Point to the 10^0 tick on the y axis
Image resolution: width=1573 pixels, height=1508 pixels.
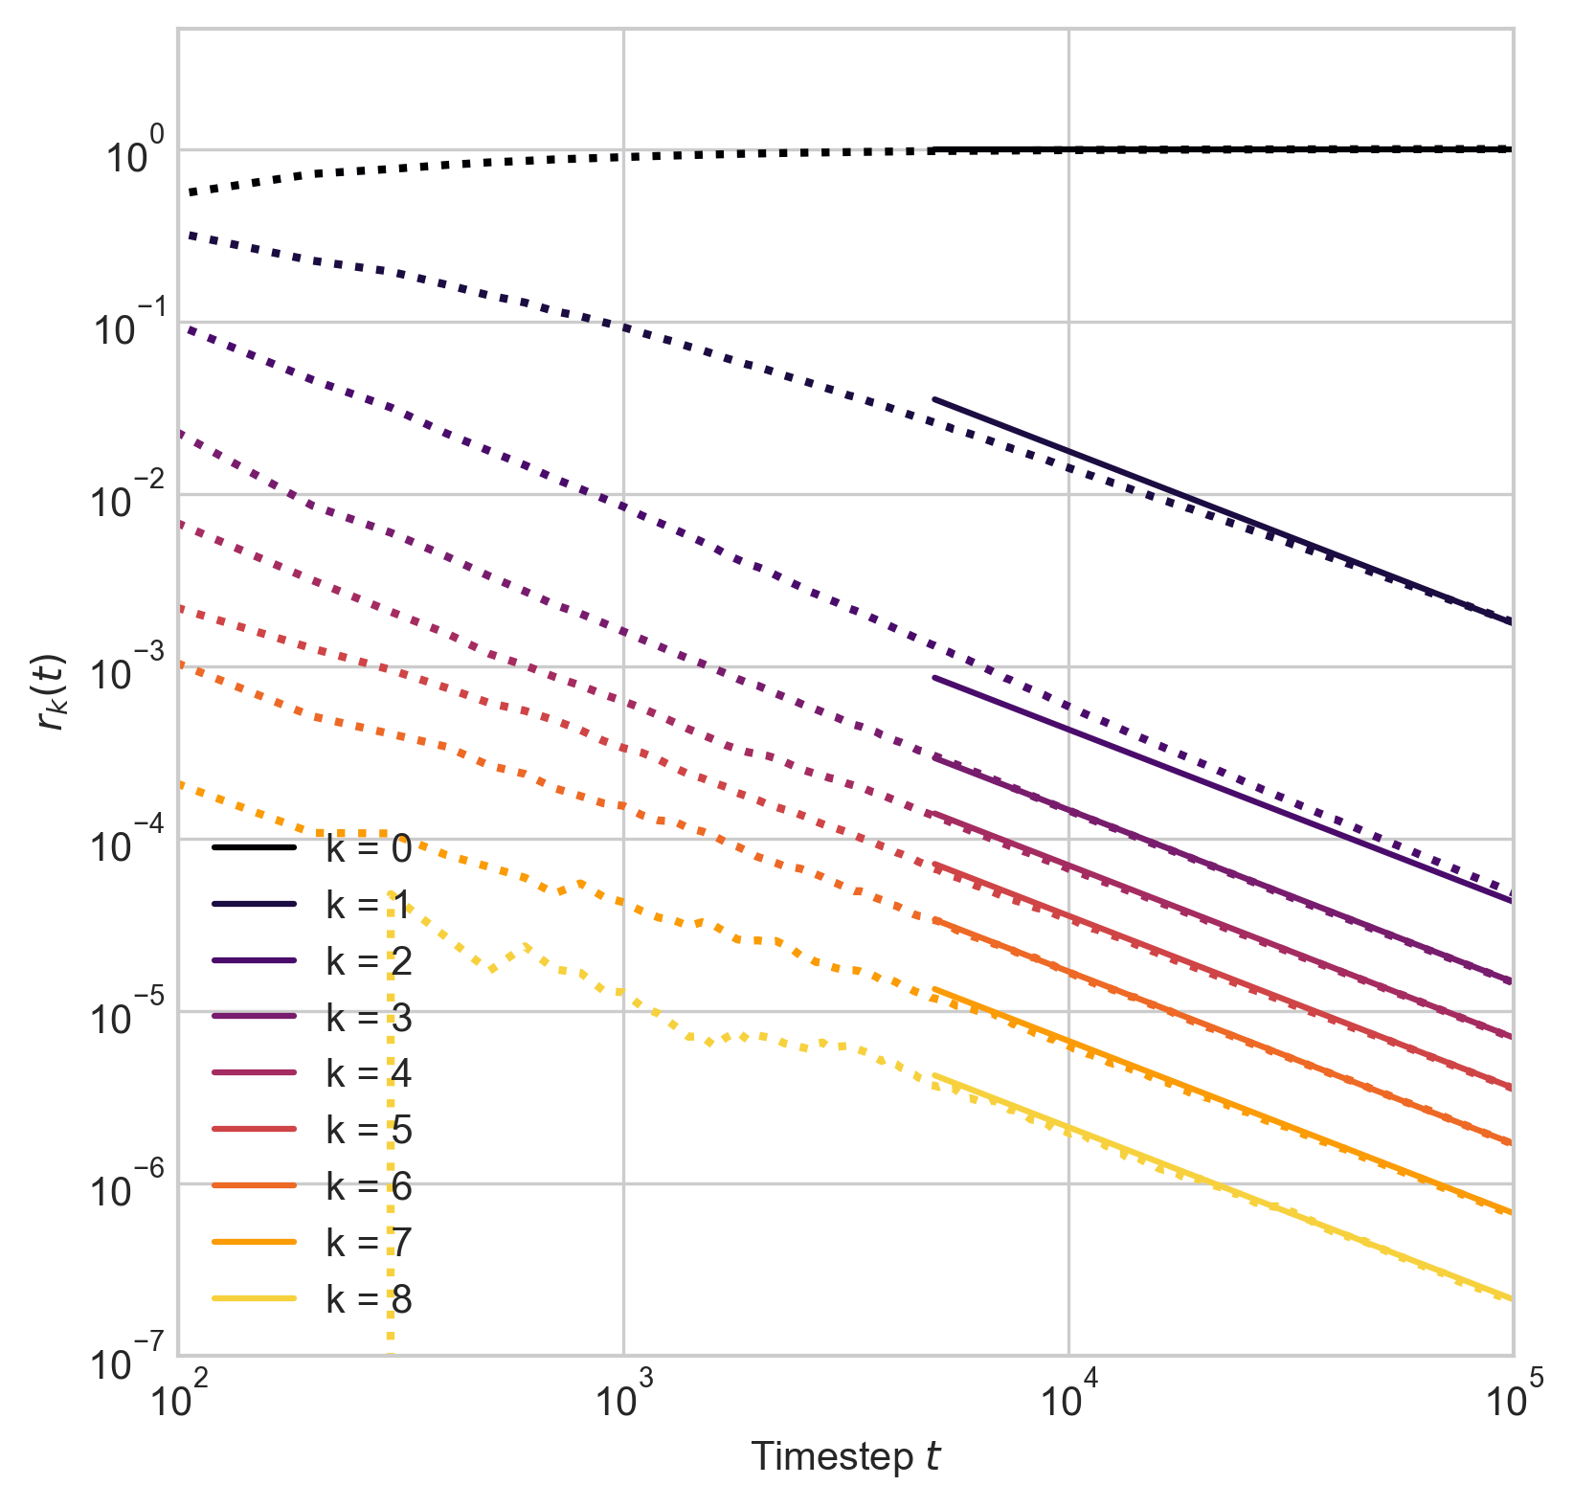(124, 154)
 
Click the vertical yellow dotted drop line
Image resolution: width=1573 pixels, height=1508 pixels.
(390, 1149)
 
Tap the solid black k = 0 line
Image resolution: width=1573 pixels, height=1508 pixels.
(1245, 148)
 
